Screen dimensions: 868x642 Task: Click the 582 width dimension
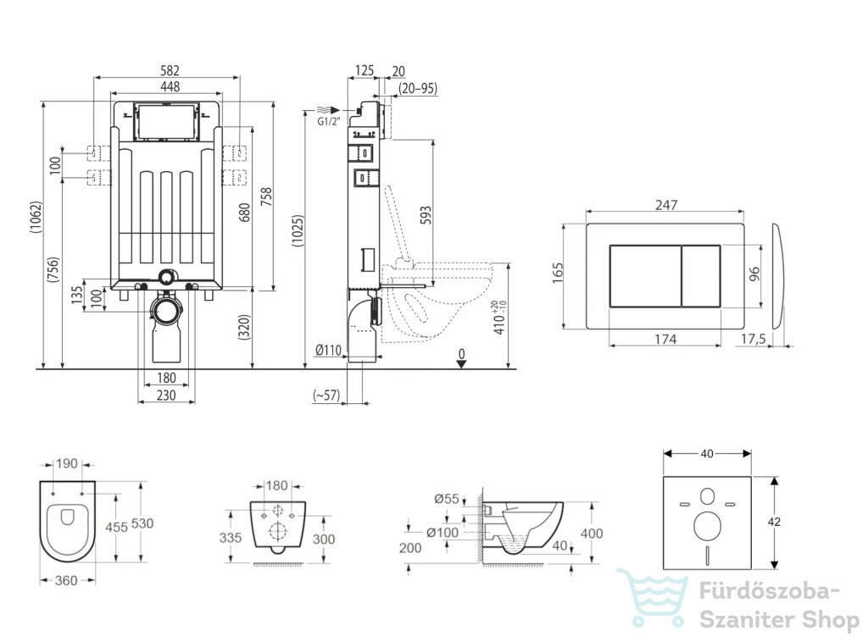tap(170, 70)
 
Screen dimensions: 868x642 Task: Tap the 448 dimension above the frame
tap(170, 86)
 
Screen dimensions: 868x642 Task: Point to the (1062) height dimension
tap(36, 225)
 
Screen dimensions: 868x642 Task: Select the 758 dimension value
tap(267, 196)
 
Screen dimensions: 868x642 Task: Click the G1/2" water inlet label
tap(329, 122)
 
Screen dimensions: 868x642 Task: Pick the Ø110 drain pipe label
tap(328, 350)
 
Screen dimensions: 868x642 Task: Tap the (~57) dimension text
tap(326, 396)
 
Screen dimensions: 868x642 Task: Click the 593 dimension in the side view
tap(426, 215)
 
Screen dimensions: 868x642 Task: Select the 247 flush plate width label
tap(666, 205)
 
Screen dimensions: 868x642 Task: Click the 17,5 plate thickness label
tap(753, 339)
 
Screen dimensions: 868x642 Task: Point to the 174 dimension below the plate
tap(665, 339)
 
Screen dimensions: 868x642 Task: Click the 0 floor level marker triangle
tap(461, 364)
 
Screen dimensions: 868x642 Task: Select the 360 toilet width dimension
tap(66, 580)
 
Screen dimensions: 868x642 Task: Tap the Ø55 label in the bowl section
tap(447, 499)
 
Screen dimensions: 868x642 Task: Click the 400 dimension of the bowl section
tap(591, 534)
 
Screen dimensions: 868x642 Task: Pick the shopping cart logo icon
tap(654, 598)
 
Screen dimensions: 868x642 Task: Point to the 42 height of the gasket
tap(774, 521)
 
